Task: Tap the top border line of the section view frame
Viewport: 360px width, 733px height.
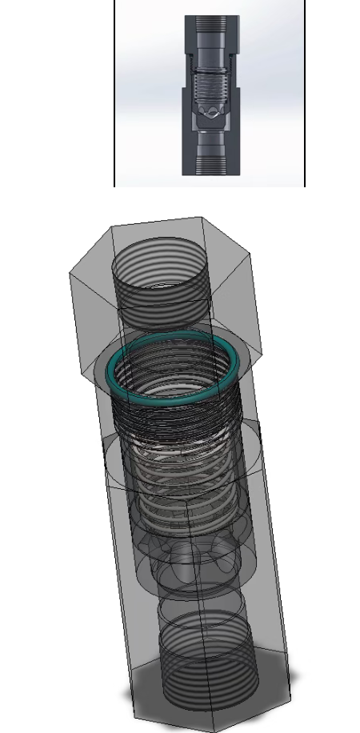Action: point(210,1)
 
